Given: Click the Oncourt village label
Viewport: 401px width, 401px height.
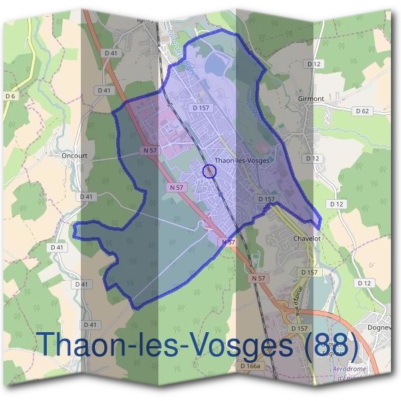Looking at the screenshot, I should coord(75,154).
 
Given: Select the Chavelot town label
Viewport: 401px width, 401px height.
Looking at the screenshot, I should coord(307,239).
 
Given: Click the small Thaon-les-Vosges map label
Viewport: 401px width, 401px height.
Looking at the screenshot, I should coord(242,161).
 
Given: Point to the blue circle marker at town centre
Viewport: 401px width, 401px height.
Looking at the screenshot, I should coord(209,172).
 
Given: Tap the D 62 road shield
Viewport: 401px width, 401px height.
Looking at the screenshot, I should coord(362,111).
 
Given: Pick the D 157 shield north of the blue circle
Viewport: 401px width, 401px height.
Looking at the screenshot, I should coord(200,107).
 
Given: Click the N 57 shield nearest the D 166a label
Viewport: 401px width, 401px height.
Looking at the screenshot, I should coord(259,277).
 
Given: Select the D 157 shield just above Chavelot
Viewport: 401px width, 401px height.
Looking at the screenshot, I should coord(266,199).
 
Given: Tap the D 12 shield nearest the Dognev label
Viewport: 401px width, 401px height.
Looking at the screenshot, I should coord(364,283).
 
